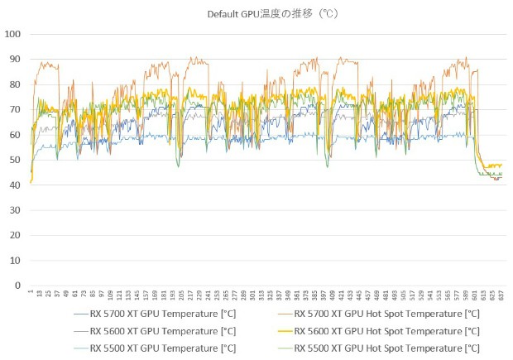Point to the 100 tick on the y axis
click(13, 34)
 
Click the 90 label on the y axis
click(15, 59)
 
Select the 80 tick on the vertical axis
click(15, 84)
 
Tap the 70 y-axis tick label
click(15, 109)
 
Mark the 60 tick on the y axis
click(15, 135)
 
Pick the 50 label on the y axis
click(15, 160)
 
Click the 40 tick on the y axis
click(15, 185)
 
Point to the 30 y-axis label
click(15, 210)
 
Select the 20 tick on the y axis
click(15, 235)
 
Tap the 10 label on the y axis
click(15, 261)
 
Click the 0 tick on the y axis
click(17, 286)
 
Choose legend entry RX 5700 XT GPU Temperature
click(157, 314)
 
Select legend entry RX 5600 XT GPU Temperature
click(157, 331)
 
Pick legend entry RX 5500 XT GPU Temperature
click(157, 348)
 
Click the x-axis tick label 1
click(31, 291)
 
